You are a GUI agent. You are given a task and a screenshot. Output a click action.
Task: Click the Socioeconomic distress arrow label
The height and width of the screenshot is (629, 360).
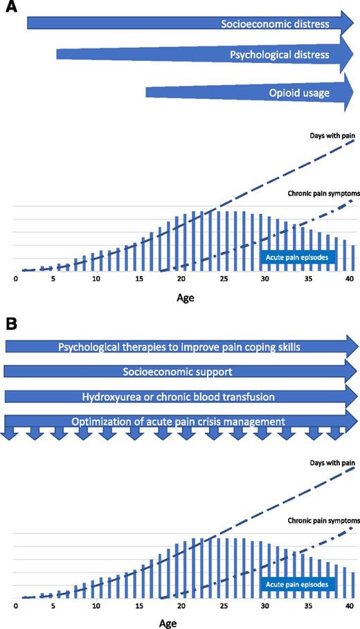[x=284, y=24]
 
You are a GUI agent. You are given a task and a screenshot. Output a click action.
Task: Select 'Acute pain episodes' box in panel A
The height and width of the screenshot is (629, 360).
[x=298, y=257]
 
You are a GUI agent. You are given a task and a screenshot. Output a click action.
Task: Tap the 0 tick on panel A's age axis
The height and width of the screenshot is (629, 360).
[x=16, y=278]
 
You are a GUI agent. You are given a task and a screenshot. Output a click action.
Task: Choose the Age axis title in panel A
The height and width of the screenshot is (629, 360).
[x=182, y=302]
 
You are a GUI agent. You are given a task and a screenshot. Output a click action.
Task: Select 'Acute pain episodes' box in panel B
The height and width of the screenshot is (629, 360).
[x=298, y=585]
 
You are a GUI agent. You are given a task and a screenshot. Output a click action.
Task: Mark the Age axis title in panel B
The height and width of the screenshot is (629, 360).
[x=182, y=622]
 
